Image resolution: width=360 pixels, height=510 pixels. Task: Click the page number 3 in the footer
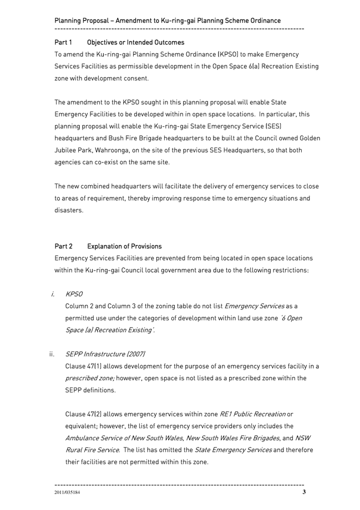tap(303, 492)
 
